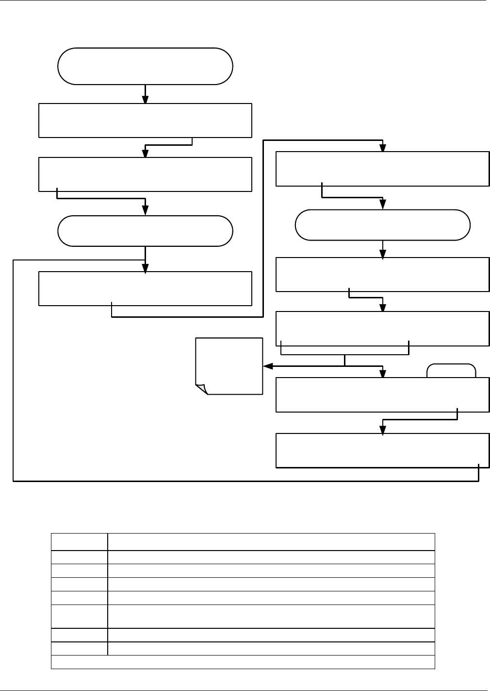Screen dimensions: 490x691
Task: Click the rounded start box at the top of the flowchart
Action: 145,66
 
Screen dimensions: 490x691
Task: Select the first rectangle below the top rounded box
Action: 145,120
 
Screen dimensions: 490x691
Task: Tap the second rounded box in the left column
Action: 145,231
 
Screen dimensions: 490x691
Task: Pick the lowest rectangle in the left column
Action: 145,289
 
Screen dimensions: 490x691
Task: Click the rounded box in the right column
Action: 383,225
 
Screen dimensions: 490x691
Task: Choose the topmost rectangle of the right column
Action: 382,169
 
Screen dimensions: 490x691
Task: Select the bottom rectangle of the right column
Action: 382,450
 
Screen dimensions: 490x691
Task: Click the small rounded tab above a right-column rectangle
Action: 451,371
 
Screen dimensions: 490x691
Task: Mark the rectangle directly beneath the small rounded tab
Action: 382,395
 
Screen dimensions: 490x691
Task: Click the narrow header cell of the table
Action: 80,542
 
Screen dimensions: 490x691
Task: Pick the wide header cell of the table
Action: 271,542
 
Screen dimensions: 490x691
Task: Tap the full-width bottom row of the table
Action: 243,662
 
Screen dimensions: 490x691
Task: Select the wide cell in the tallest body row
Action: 271,616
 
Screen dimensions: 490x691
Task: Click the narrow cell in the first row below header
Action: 80,557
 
